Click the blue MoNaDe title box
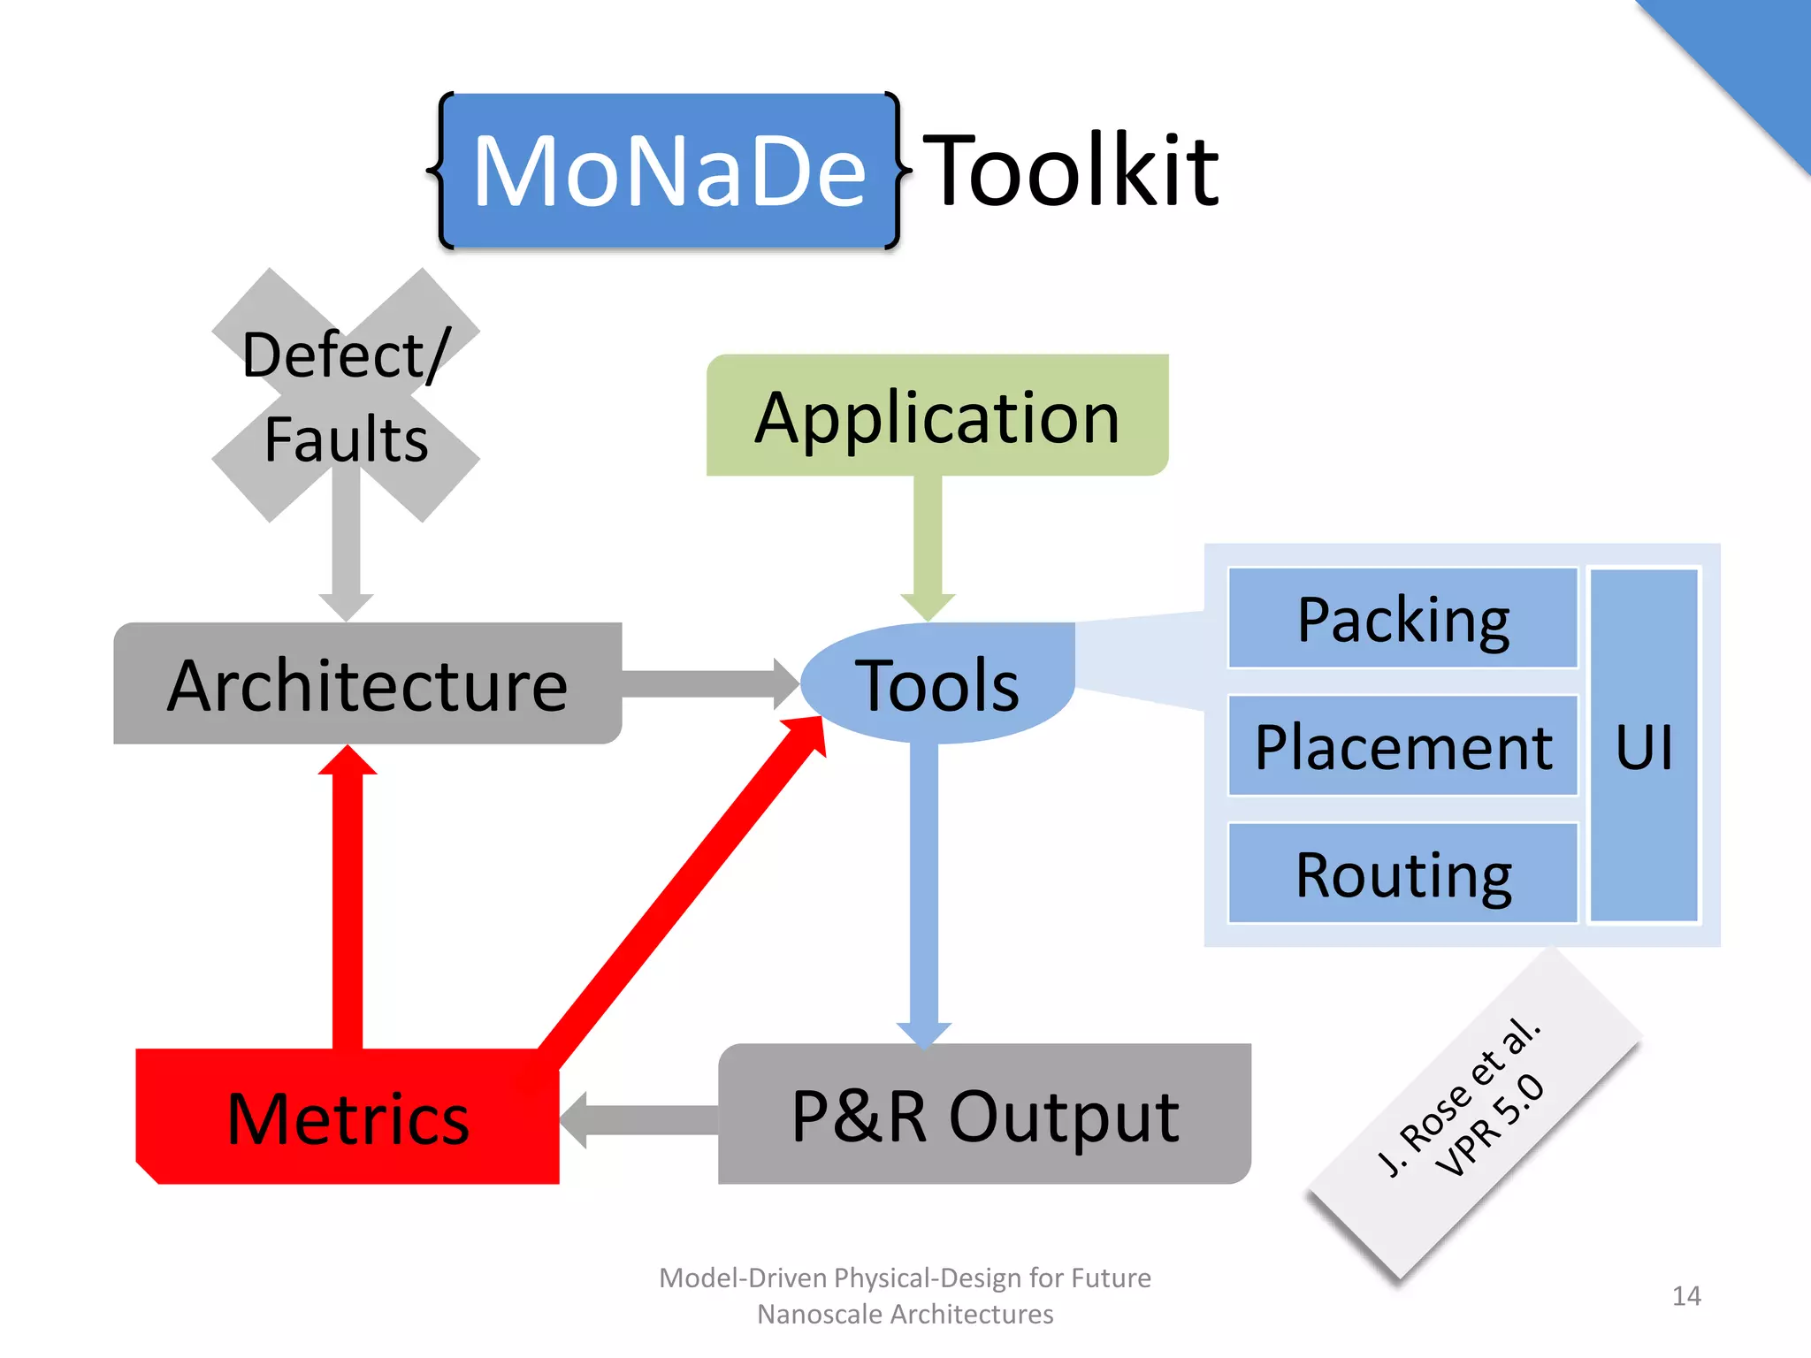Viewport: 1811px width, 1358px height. pos(669,171)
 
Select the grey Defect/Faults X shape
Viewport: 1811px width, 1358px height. pos(346,395)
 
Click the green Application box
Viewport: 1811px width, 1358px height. pos(937,416)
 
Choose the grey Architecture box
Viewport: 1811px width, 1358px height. pos(367,683)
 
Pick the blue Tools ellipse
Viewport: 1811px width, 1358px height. pos(937,683)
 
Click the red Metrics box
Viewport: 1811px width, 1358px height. pos(348,1118)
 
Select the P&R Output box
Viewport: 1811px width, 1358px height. pos(984,1115)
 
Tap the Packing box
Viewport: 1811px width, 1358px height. pos(1402,618)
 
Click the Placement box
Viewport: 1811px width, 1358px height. pos(1402,746)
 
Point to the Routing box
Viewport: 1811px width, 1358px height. pos(1402,874)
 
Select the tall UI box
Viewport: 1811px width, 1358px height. pos(1644,745)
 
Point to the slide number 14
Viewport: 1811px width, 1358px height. pos(1685,1296)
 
